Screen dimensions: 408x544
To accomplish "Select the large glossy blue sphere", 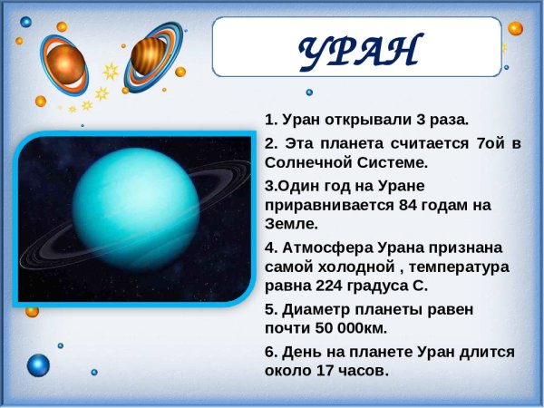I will pos(38,365).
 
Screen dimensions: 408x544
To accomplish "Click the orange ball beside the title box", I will pos(515,28).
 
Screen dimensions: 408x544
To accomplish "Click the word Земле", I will pos(291,223).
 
